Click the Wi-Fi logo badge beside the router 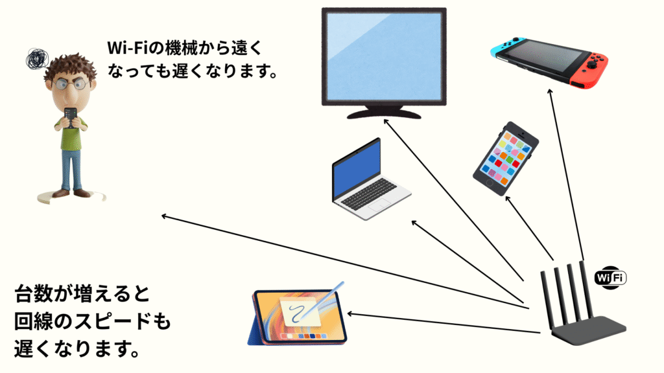click(610, 277)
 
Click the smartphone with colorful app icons click(506, 159)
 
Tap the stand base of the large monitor click(384, 113)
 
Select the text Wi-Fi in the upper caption click(127, 49)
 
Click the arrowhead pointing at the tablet click(352, 313)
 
